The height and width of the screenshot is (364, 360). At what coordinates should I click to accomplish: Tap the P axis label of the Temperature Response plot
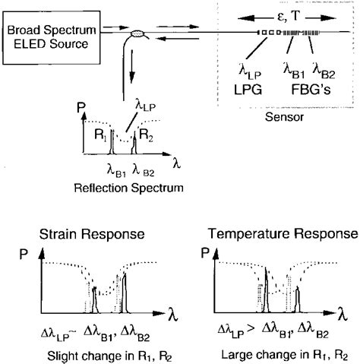coord(204,255)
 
